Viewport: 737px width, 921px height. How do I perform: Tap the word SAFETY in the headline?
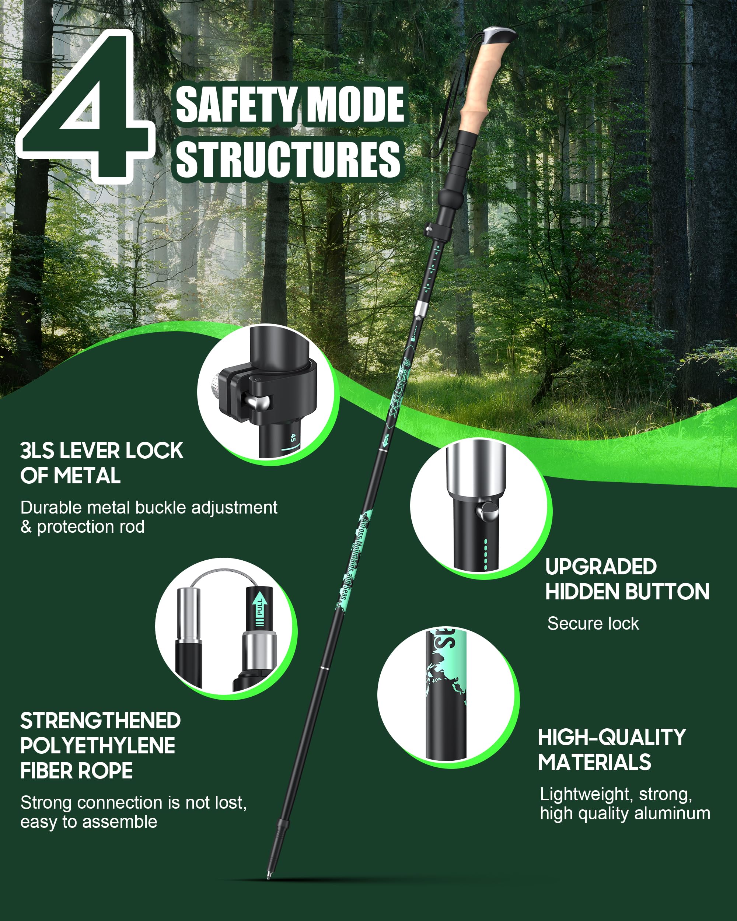pos(236,105)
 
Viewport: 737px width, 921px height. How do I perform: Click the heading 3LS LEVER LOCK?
pos(102,451)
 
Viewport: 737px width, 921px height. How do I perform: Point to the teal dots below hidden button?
pos(485,554)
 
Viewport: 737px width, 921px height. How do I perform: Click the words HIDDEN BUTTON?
pos(627,592)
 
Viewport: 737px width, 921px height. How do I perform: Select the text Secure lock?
pos(593,624)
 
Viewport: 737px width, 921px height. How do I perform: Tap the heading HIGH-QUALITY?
pos(611,737)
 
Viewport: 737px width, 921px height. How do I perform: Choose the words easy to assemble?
pos(89,822)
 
